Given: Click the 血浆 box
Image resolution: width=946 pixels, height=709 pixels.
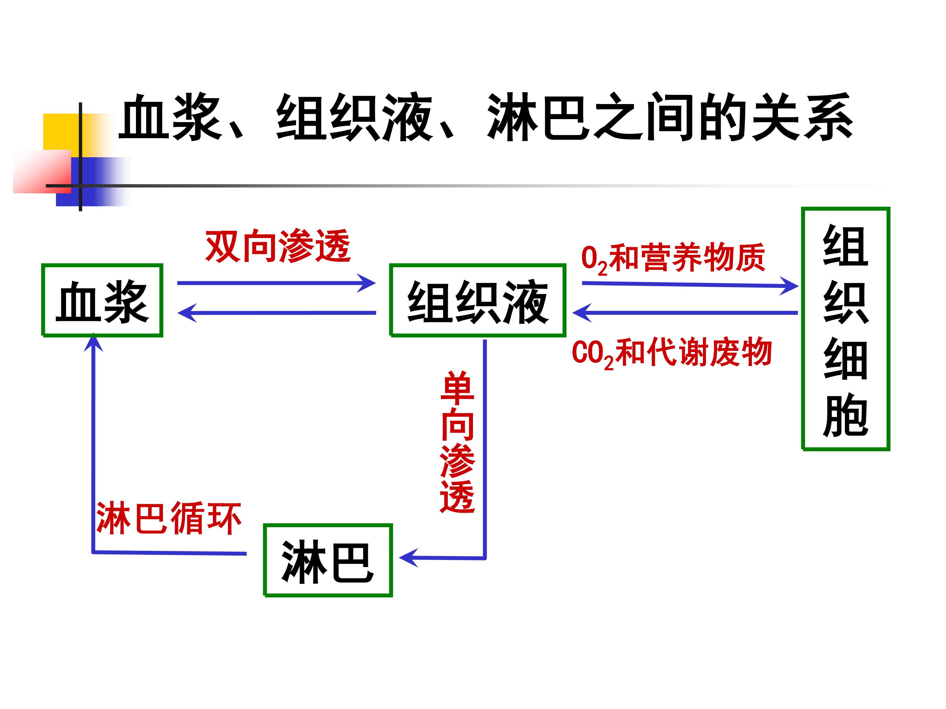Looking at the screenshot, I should point(102,300).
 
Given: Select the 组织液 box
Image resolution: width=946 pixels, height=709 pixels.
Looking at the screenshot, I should point(478,300).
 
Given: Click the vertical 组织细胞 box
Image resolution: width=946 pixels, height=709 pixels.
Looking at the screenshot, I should point(845,329).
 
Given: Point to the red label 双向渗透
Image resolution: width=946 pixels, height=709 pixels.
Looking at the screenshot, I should point(278,247).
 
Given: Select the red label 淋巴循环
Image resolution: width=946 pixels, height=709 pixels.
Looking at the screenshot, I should point(169,518).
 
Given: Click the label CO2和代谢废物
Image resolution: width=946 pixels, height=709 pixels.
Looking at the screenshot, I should point(671,353).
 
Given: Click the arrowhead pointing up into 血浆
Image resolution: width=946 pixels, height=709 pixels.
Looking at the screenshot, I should point(93,344).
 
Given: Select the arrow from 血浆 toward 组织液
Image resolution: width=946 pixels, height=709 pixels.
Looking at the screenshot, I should point(276,283).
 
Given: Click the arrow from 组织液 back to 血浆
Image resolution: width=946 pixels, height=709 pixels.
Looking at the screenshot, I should point(276,313).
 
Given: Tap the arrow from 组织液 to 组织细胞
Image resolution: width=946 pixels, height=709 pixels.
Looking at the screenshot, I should point(689,284).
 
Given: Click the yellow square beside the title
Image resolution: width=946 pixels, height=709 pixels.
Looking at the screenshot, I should point(60,130).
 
